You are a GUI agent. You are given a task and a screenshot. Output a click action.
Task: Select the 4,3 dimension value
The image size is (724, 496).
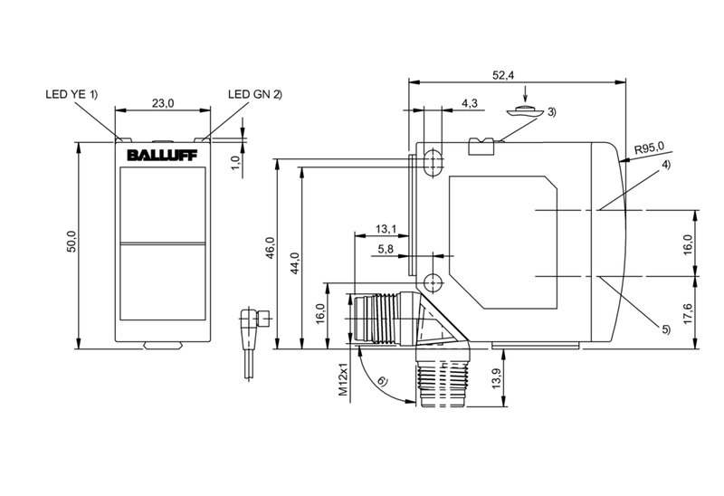[x=470, y=104]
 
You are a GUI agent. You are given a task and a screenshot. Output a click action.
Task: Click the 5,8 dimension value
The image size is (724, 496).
[x=385, y=249]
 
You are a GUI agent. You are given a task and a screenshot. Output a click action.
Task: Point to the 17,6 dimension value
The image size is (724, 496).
[x=687, y=312]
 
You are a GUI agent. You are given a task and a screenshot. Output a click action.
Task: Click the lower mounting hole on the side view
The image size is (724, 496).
[x=433, y=281]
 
